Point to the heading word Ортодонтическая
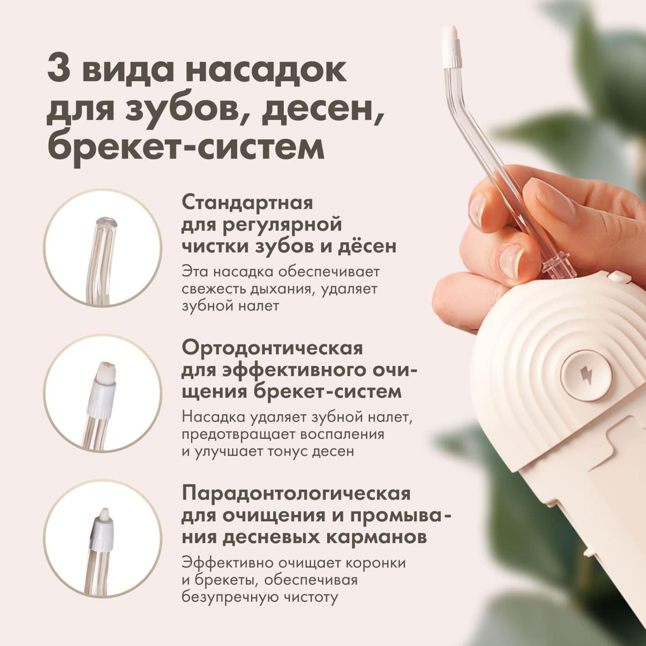point(272,349)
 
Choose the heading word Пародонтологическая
point(296,494)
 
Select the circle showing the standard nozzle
point(103,248)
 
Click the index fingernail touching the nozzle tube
point(477,208)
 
